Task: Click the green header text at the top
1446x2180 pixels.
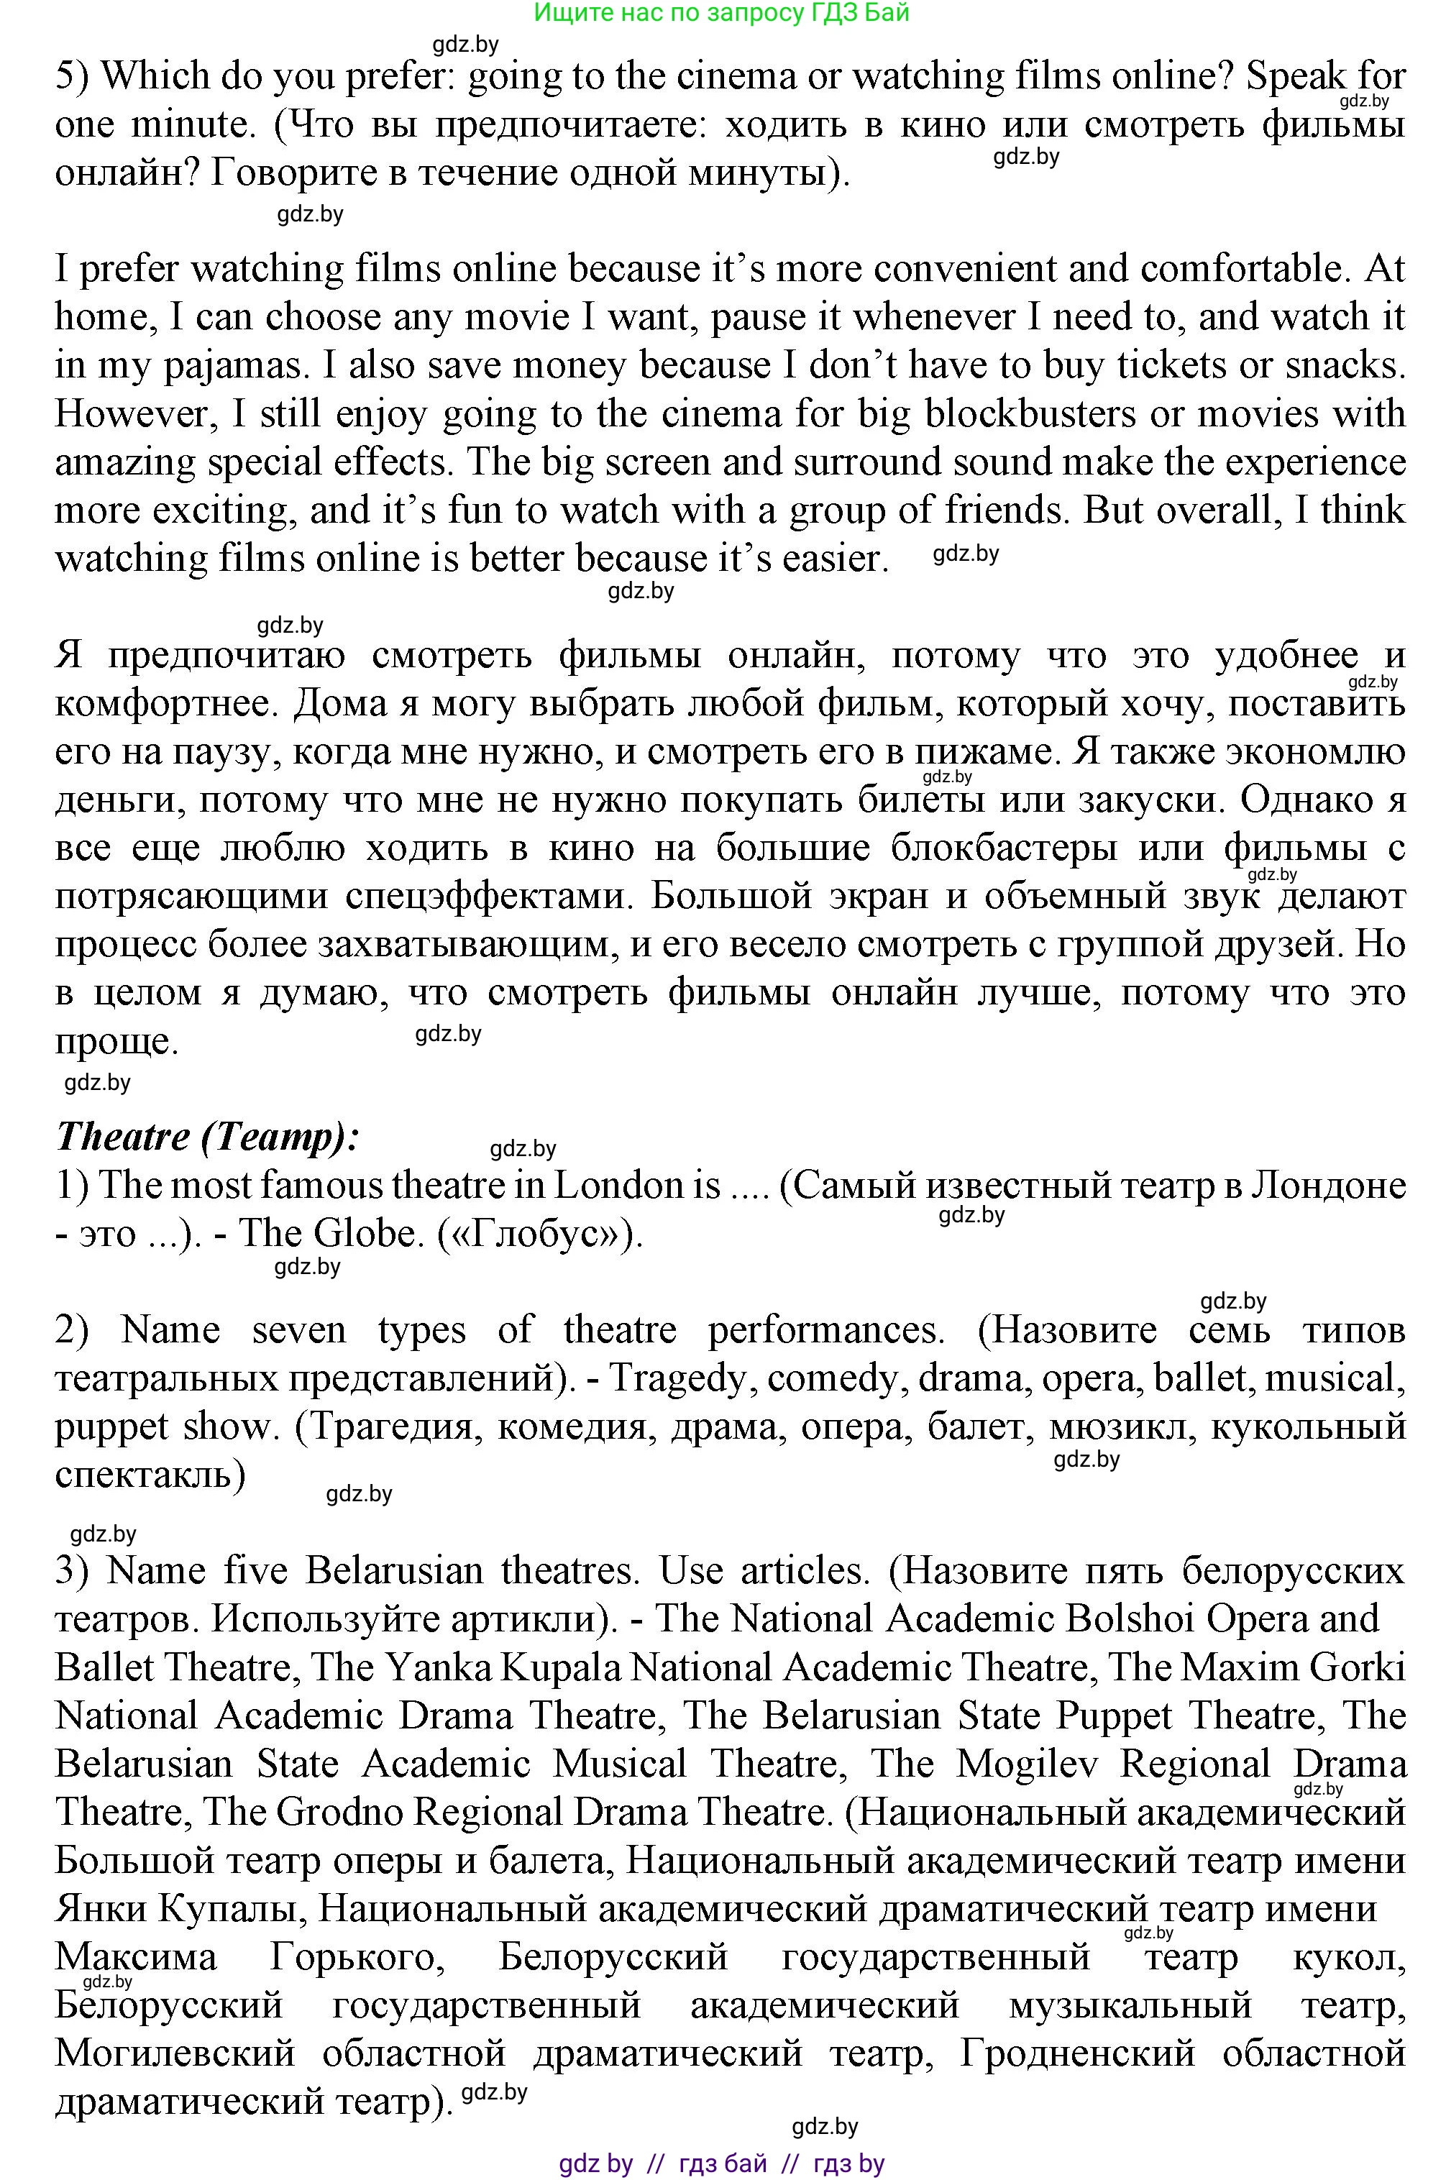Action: pos(721,12)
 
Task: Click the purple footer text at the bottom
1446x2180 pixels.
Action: pos(721,2163)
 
